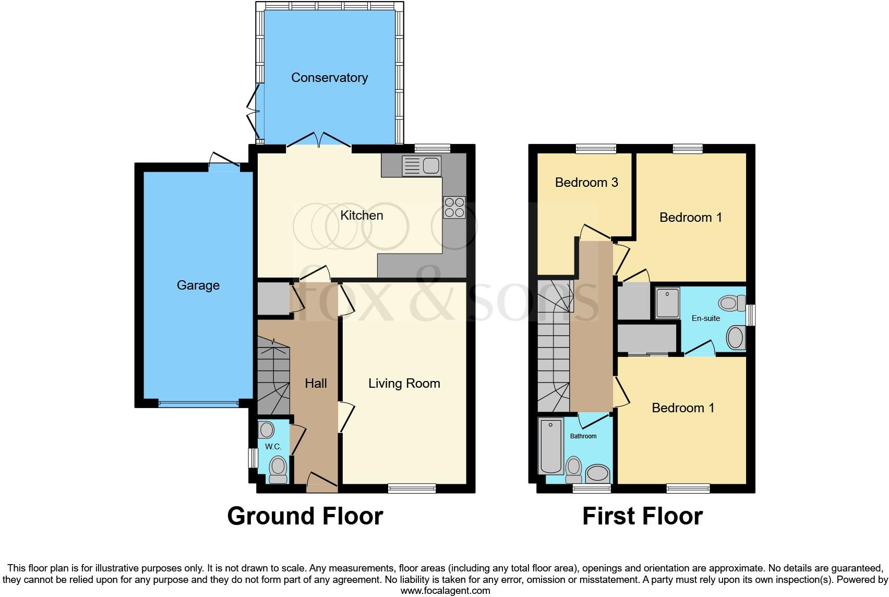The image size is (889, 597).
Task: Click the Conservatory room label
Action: click(x=329, y=78)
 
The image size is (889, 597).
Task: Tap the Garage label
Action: click(x=198, y=285)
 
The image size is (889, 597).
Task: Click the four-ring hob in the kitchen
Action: click(x=454, y=207)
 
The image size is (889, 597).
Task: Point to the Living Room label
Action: click(x=404, y=384)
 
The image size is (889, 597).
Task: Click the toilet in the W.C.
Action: click(x=278, y=469)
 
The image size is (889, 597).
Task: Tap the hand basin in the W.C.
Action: click(x=267, y=431)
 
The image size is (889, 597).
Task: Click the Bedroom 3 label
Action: click(x=586, y=182)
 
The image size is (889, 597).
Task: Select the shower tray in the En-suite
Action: click(x=667, y=302)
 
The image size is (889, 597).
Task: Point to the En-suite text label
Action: click(x=705, y=318)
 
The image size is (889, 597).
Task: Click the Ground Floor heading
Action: click(x=305, y=516)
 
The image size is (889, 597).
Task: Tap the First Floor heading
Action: click(x=642, y=516)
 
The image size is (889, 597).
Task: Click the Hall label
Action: click(x=316, y=384)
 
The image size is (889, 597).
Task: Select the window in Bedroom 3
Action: click(x=596, y=149)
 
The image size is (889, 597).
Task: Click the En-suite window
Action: click(x=750, y=315)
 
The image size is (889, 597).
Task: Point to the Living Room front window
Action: click(x=412, y=488)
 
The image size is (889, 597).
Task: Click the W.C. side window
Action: click(x=253, y=458)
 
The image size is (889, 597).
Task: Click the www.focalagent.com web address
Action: click(x=444, y=591)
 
